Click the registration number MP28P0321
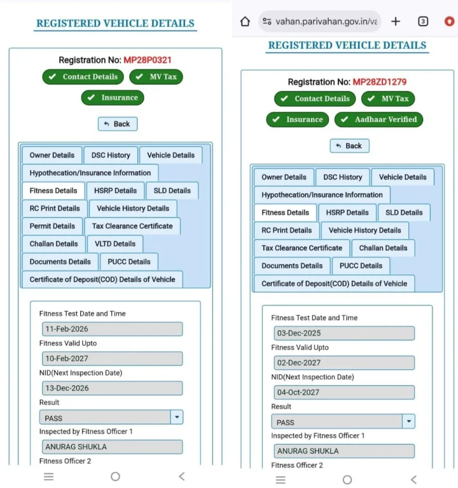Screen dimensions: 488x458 (x=148, y=60)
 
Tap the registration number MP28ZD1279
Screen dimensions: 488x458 (x=379, y=82)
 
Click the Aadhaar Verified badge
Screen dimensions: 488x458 (x=378, y=119)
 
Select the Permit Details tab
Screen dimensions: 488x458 (x=52, y=226)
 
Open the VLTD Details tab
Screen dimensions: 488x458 (x=115, y=244)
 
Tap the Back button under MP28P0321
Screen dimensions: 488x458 (x=117, y=124)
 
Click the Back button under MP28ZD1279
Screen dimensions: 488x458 (x=349, y=146)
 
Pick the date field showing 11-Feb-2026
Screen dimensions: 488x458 (x=112, y=329)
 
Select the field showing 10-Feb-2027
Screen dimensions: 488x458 (x=112, y=359)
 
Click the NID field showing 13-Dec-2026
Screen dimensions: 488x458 (x=112, y=388)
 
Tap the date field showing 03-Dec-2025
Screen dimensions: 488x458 (x=344, y=334)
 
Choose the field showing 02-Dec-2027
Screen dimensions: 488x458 (x=344, y=363)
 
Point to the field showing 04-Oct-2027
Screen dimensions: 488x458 (x=344, y=393)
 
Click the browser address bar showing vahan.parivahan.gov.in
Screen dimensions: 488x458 (x=321, y=22)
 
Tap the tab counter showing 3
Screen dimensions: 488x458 (x=423, y=22)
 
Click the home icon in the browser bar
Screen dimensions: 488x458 (x=245, y=22)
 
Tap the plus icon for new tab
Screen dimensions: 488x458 (x=396, y=22)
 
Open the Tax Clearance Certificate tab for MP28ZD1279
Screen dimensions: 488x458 (x=302, y=248)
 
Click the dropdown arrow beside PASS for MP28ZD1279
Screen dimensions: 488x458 (x=408, y=422)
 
